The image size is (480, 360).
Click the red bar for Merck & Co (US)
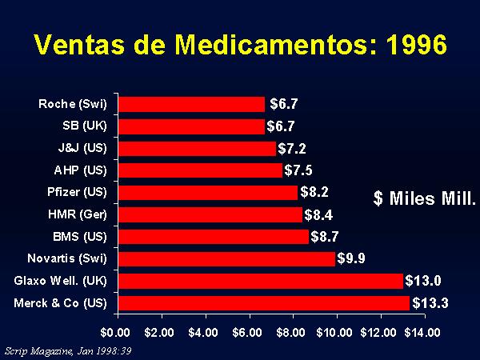263,303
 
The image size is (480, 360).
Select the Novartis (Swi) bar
226,259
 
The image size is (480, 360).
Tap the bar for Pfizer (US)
207,192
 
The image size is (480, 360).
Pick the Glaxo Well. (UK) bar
260,281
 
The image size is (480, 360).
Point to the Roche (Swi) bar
191,104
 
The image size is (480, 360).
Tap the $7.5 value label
300,170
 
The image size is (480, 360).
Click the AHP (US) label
83,170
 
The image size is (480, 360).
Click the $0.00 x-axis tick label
115,331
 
